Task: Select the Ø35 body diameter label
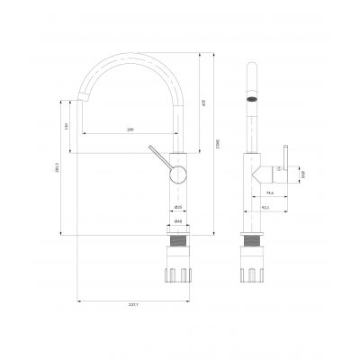point(179,210)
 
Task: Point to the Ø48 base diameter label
point(178,222)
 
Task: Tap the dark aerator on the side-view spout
point(253,101)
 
